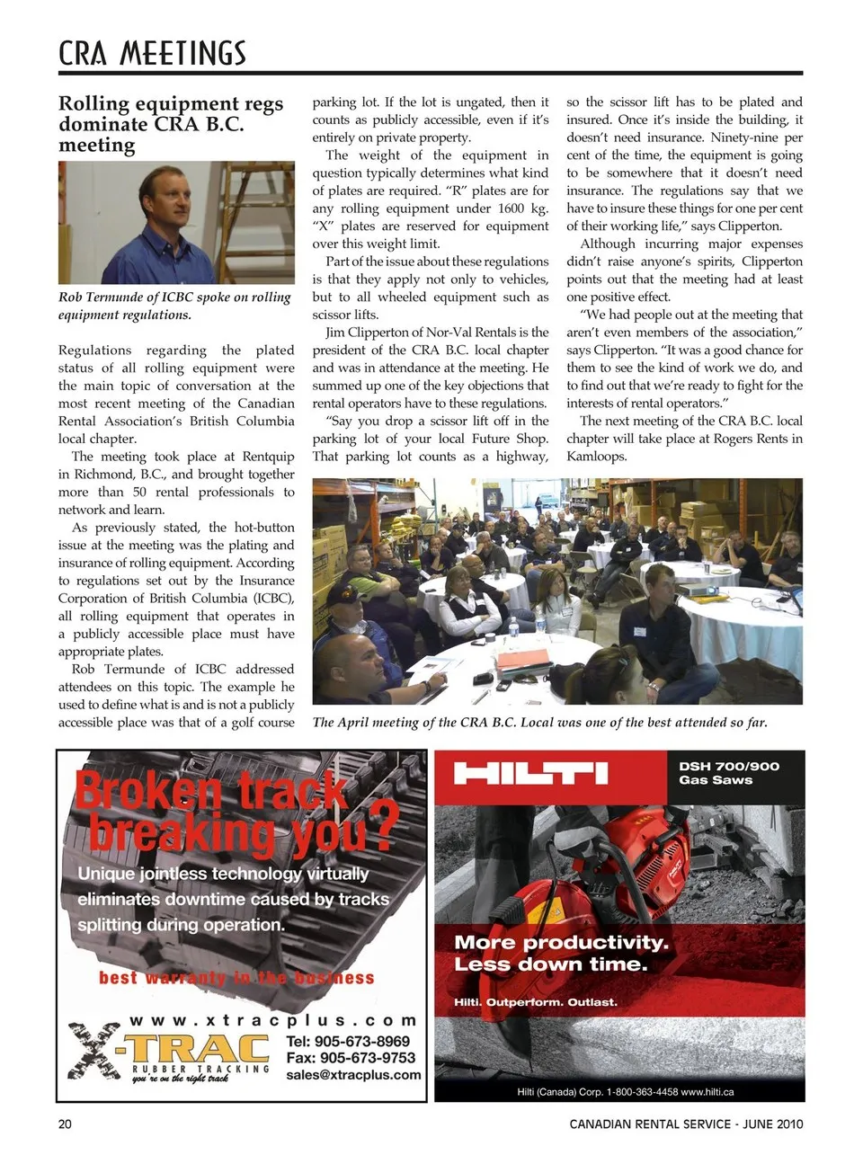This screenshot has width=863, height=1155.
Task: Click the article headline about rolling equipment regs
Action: tap(171, 125)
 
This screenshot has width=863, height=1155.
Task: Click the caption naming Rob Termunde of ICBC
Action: tap(174, 306)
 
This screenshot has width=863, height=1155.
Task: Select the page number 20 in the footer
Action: tap(65, 1124)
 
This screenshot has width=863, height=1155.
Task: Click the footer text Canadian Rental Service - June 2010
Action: tap(686, 1124)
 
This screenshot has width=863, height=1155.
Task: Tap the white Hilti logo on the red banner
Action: tap(530, 772)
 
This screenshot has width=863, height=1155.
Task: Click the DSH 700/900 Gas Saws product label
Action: tap(729, 773)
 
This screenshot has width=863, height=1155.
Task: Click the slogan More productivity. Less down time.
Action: tap(562, 954)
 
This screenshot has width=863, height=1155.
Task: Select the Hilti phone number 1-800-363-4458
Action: tap(642, 1091)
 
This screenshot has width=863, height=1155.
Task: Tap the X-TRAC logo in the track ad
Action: tap(171, 1053)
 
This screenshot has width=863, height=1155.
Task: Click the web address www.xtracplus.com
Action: tap(273, 1020)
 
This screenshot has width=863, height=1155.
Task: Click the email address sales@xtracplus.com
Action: tap(353, 1074)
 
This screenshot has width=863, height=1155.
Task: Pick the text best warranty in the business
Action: tap(236, 977)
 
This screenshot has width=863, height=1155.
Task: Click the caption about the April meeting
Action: tap(539, 722)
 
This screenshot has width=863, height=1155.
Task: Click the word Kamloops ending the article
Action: tap(596, 456)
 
